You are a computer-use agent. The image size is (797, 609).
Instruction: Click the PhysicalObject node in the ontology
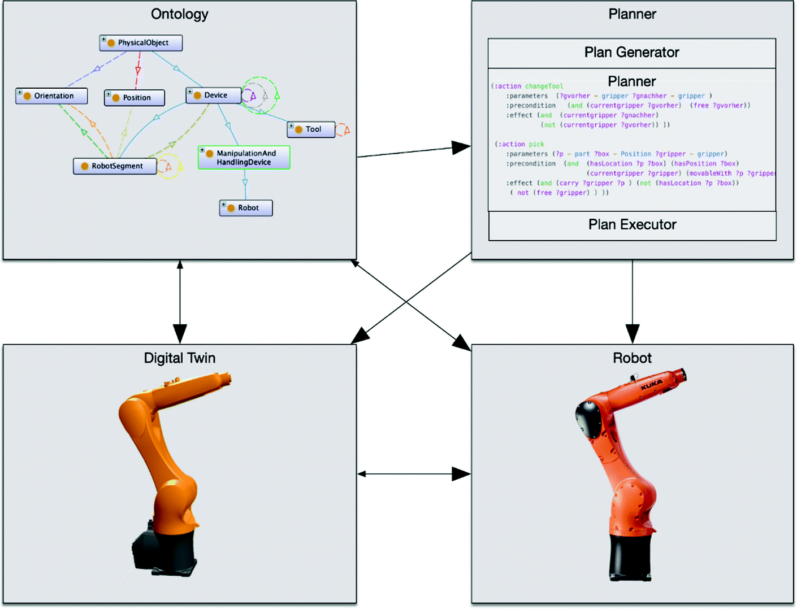coord(141,43)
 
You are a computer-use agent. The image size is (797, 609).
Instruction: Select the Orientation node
coord(51,96)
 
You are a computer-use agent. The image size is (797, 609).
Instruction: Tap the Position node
coord(135,98)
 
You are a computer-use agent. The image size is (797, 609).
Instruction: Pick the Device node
coord(213,95)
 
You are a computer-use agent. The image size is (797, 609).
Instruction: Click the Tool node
coord(311,129)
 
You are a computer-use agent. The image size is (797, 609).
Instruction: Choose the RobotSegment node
coord(115,166)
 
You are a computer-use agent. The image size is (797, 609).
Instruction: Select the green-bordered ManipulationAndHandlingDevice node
coord(244,158)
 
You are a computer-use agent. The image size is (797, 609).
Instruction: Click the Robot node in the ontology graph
coord(246,208)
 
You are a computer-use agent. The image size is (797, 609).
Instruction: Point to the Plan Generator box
coord(631,53)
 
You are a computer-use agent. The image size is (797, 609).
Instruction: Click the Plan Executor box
coord(632,225)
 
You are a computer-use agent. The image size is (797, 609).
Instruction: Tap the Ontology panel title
coord(179,14)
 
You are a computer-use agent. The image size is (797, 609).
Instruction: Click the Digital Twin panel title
coord(179,358)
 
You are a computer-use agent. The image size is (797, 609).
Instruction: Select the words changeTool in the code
coord(544,86)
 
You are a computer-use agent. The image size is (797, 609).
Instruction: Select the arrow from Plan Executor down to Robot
coord(632,299)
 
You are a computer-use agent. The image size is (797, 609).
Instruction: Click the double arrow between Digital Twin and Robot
coord(414,474)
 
